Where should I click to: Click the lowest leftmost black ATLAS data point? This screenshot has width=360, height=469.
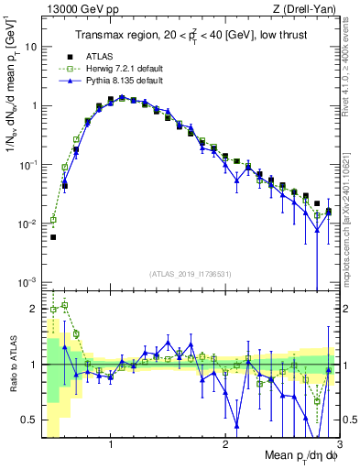coord(53,236)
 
